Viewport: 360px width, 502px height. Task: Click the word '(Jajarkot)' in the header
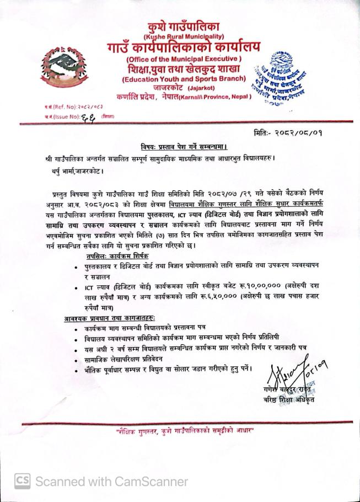click(205, 88)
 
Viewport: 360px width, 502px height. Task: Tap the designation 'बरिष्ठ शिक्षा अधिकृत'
click(291, 400)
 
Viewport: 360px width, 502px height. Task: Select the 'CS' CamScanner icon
click(23, 481)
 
